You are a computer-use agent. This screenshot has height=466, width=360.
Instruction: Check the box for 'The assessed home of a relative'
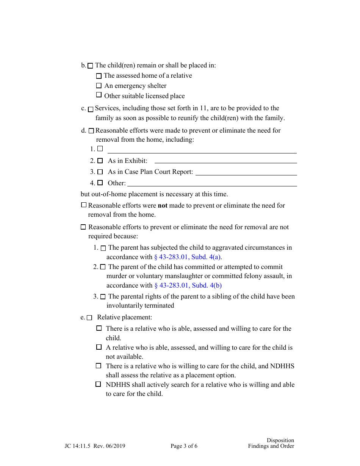click(x=99, y=76)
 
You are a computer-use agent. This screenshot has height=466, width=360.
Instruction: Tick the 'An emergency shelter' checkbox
click(x=99, y=86)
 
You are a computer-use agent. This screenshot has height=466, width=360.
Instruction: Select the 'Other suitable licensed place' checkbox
click(x=99, y=95)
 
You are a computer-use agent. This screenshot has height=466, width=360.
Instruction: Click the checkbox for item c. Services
click(x=91, y=109)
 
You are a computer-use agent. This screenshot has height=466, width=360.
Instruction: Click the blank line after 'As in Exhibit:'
click(x=225, y=161)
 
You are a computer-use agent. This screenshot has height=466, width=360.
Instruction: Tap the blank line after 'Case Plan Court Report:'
click(x=246, y=172)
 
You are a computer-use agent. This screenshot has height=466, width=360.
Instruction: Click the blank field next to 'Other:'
click(x=212, y=183)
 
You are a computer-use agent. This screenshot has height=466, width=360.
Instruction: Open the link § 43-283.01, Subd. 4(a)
click(x=188, y=257)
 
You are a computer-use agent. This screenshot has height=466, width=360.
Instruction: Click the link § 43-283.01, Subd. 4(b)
click(x=188, y=285)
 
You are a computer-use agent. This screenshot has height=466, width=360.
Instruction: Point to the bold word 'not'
click(x=163, y=205)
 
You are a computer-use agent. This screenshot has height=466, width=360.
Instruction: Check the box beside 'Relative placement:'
click(x=89, y=318)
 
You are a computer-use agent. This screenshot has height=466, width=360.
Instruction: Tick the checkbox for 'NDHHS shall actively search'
click(x=99, y=384)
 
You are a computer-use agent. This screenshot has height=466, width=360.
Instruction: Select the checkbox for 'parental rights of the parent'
click(x=103, y=297)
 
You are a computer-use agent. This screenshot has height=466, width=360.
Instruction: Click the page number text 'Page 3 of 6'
click(x=184, y=446)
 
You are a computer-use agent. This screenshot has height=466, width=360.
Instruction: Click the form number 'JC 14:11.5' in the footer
click(x=78, y=446)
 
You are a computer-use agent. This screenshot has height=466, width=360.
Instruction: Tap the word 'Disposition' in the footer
click(x=280, y=440)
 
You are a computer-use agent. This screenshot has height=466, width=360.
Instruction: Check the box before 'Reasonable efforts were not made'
click(x=84, y=205)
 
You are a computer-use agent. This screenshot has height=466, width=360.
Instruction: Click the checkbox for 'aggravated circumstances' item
click(x=103, y=248)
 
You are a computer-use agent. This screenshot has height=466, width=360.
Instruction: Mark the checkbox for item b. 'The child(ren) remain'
click(x=90, y=66)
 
